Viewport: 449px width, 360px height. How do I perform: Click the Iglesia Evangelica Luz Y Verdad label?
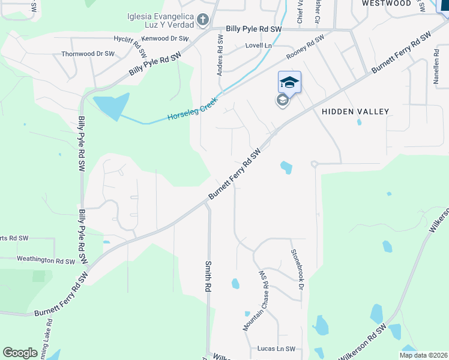click(161, 20)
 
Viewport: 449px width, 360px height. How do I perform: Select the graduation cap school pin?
click(289, 82)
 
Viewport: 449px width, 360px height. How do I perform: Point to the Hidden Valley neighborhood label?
click(355, 112)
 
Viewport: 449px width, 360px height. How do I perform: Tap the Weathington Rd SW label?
click(46, 261)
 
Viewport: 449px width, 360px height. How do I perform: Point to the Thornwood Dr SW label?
click(88, 54)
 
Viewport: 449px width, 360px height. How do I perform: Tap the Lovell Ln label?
click(258, 46)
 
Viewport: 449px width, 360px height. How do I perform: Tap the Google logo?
click(20, 353)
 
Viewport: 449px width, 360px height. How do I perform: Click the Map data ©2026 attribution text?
click(423, 355)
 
